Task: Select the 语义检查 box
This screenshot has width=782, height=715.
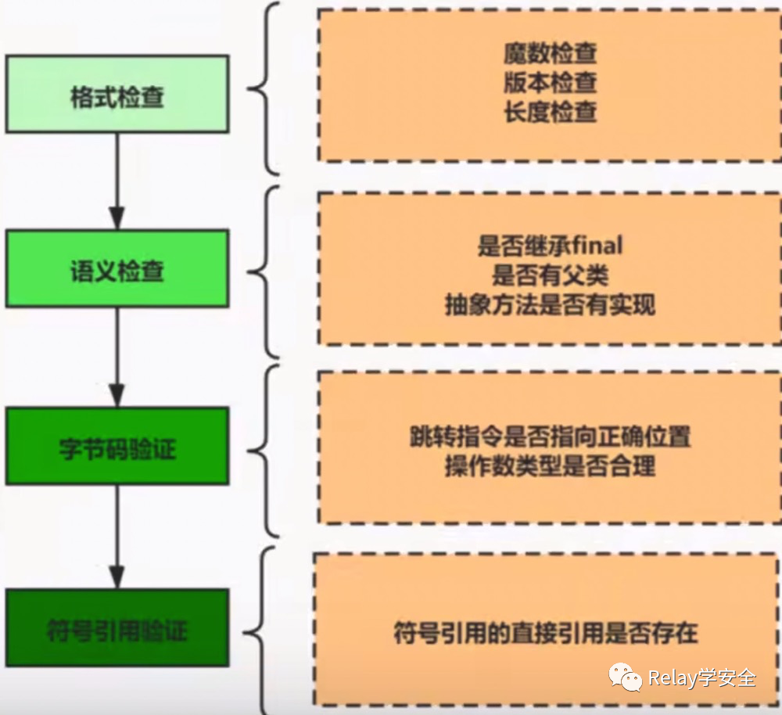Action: coord(117,268)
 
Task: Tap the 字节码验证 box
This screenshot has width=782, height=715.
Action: coord(117,446)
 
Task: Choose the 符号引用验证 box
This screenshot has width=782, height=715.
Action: coord(117,627)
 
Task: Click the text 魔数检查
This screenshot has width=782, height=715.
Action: coord(551,53)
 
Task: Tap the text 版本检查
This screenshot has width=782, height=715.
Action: coord(551,82)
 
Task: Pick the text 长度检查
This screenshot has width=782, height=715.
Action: coord(551,112)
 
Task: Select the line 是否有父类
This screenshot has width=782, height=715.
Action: coord(551,275)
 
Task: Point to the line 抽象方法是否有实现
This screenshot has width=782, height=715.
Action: coord(551,305)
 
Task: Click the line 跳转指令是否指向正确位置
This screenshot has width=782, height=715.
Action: coord(551,437)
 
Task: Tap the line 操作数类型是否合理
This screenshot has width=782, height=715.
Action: coord(551,466)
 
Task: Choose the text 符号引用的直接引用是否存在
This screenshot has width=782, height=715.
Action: coord(546,632)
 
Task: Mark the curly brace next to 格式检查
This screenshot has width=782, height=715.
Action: coord(262,88)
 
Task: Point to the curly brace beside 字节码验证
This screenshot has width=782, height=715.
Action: coord(262,449)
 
